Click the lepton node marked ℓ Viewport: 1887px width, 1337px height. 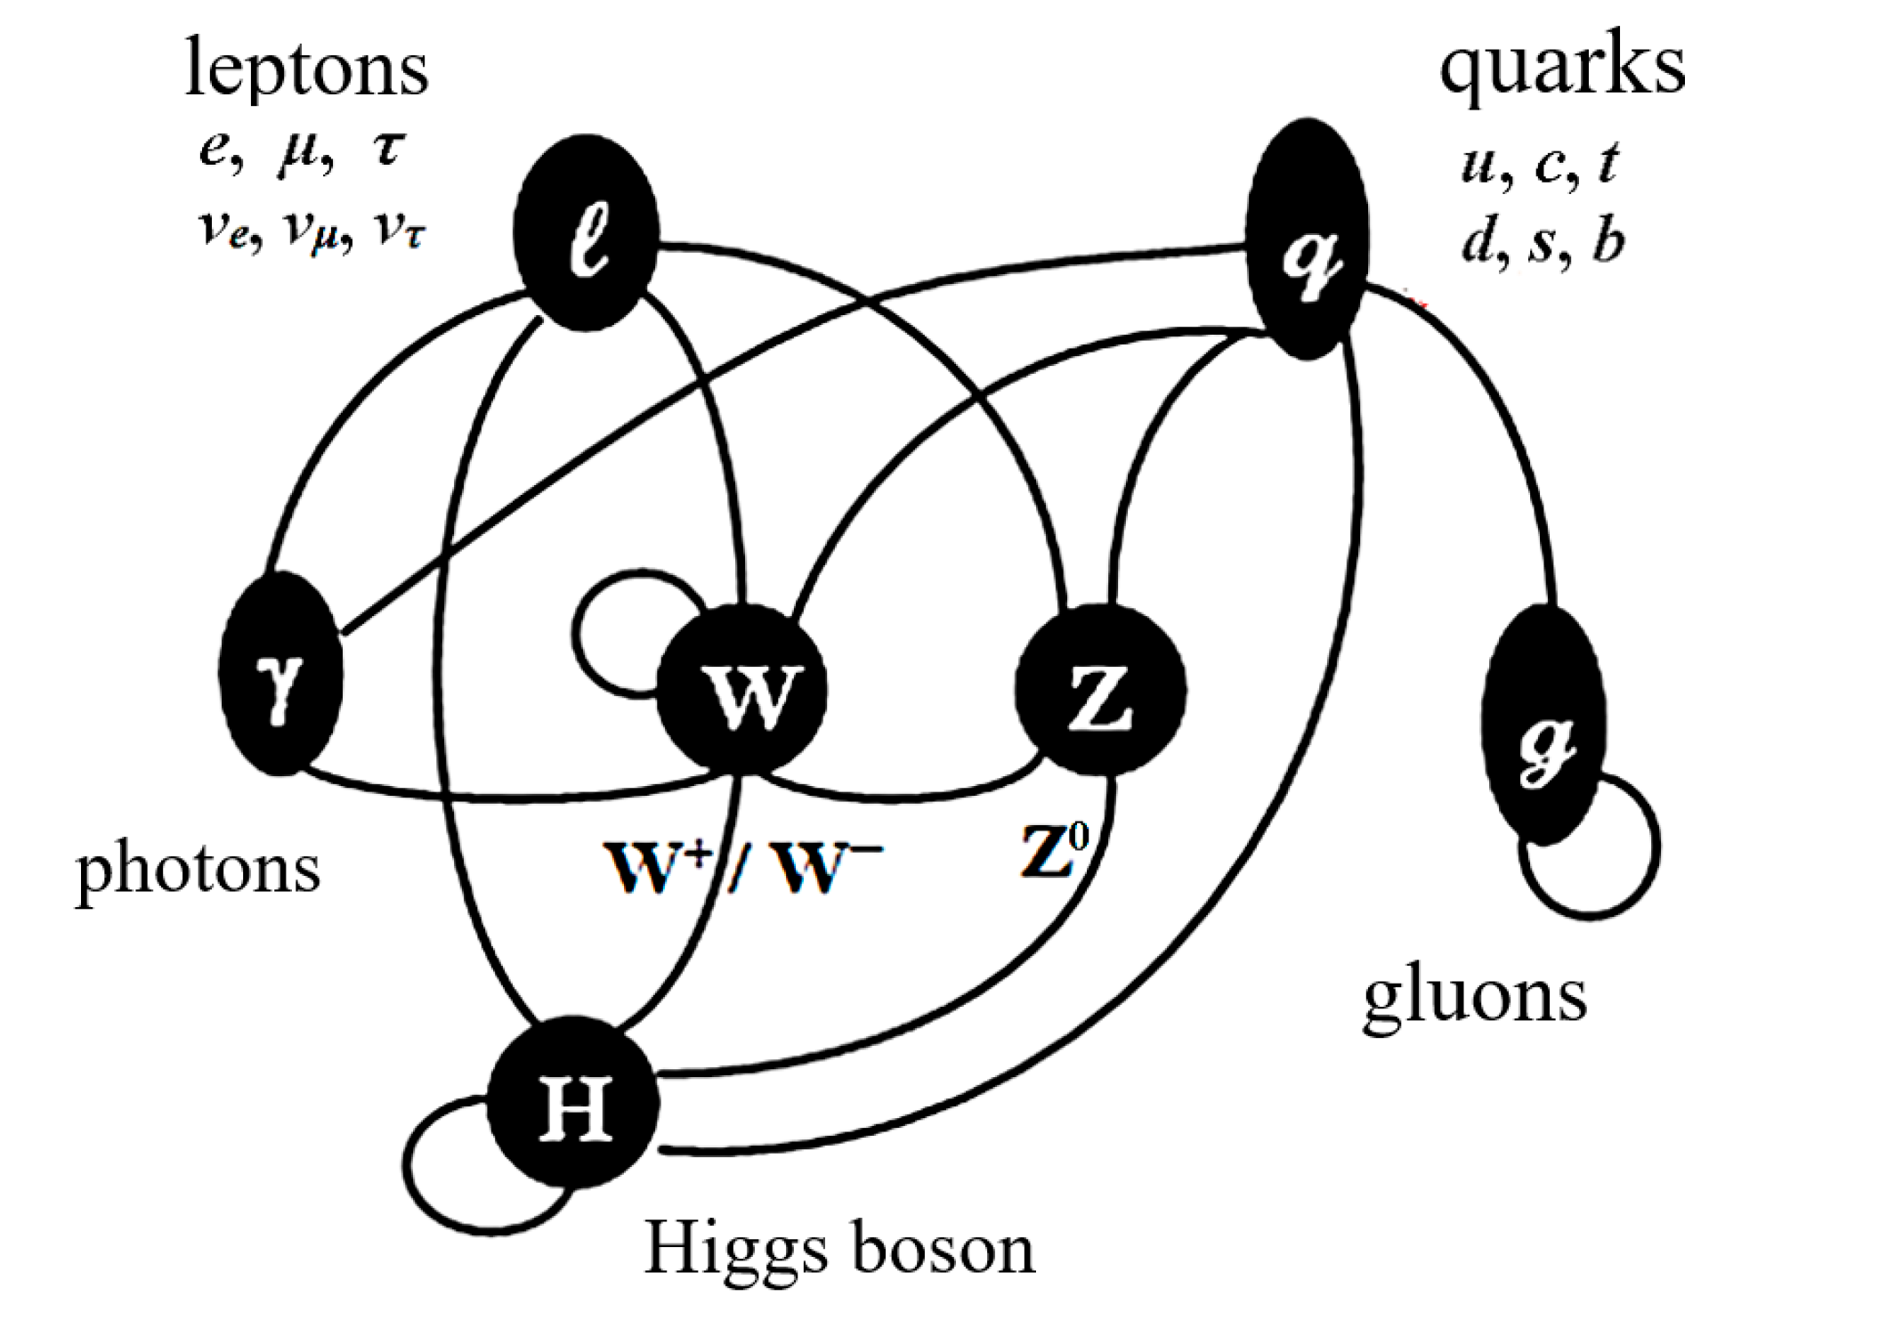click(587, 234)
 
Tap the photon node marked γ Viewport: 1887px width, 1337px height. click(281, 674)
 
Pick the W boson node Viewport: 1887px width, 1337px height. click(741, 690)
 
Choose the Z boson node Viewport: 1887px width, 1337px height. click(1101, 690)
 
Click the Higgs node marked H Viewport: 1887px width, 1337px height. click(574, 1102)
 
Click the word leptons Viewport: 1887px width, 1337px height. click(306, 69)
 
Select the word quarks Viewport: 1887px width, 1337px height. click(1562, 67)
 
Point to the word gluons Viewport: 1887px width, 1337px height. click(1475, 996)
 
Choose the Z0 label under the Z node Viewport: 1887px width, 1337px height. click(1055, 850)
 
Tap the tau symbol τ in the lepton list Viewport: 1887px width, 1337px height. click(389, 148)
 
